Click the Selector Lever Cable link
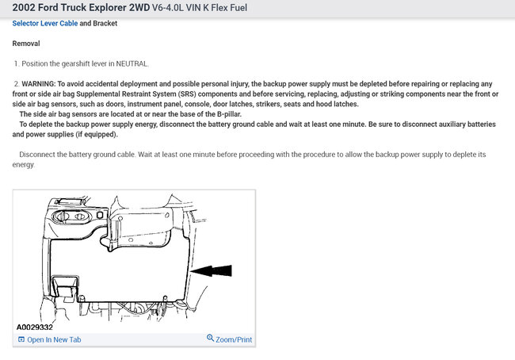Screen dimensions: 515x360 pos(45,23)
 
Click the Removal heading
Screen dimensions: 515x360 pos(26,44)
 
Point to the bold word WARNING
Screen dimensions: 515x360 pos(39,84)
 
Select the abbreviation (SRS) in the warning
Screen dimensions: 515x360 pos(187,94)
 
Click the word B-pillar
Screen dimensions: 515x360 pos(229,114)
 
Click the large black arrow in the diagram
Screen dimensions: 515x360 pos(211,270)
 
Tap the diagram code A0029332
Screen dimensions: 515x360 pos(35,327)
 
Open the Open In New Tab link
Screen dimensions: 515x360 pos(54,339)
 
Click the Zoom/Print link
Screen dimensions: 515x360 pos(234,339)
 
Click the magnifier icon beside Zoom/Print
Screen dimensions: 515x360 pos(210,338)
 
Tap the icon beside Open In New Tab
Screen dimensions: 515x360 pos(21,339)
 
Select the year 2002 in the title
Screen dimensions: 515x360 pos(24,8)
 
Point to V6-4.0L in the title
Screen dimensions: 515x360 pos(167,8)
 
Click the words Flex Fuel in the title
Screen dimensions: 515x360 pos(229,8)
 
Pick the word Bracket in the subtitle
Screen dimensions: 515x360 pos(105,23)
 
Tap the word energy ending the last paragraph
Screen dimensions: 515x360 pos(23,165)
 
